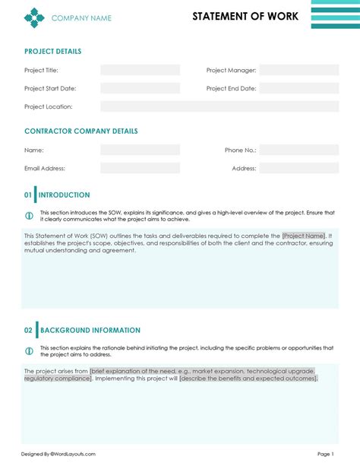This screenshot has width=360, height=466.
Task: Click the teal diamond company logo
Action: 34,17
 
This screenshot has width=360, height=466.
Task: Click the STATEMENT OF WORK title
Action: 245,16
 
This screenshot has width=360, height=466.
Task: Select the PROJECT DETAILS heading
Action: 52,52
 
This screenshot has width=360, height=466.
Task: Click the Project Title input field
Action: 140,70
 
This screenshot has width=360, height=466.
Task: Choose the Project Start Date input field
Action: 140,88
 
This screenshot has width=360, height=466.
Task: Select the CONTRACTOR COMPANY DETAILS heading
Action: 81,131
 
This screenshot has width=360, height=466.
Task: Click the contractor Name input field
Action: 140,150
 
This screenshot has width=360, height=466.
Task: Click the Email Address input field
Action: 140,168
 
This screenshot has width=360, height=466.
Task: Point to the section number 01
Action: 28,195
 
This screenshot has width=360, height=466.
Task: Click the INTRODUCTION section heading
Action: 65,195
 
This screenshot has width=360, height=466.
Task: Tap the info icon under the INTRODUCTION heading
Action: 29,215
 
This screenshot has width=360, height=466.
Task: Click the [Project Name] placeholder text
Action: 303,236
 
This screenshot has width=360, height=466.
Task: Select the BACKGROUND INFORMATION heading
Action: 90,330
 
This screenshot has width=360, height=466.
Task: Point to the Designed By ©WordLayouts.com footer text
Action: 58,454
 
